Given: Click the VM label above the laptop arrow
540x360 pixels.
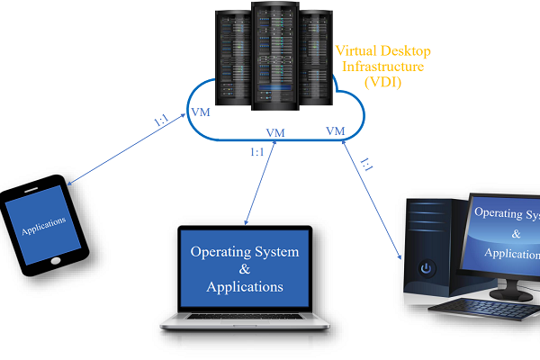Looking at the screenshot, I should [275, 132].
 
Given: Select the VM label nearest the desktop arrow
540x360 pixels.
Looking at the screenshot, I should [335, 131].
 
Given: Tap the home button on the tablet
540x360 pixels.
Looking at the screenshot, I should [57, 259].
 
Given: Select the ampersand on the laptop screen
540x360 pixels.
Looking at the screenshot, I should [244, 269].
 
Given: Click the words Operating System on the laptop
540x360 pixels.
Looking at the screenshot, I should [244, 251].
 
